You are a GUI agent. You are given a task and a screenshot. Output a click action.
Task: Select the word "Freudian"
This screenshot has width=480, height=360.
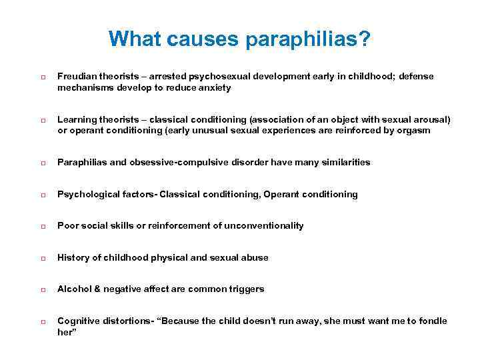[x=77, y=77]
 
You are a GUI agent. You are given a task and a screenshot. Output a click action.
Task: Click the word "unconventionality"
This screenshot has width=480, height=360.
[x=264, y=226]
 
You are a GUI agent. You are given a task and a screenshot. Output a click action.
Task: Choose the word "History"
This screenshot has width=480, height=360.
[x=72, y=257]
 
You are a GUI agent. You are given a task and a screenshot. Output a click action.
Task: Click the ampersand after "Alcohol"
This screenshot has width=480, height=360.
[x=93, y=289]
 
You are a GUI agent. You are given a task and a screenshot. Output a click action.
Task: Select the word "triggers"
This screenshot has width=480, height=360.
[x=246, y=289]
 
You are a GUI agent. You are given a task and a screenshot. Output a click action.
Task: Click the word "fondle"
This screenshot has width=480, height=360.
[x=433, y=321]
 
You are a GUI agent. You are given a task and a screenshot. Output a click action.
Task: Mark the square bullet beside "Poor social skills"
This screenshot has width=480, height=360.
[x=42, y=227]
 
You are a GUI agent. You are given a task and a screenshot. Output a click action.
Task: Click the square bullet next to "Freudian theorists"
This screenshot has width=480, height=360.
[x=42, y=77]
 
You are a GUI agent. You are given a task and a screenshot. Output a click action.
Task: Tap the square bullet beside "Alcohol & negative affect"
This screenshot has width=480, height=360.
[x=42, y=290]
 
